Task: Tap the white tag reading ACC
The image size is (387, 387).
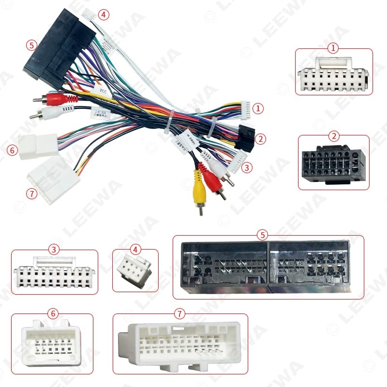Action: point(103,90)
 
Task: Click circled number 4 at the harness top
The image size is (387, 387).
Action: point(102,15)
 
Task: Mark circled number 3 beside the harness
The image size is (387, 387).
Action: point(247,168)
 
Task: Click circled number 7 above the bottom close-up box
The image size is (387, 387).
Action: point(180,313)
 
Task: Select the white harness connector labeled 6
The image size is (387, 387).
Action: point(39,145)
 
